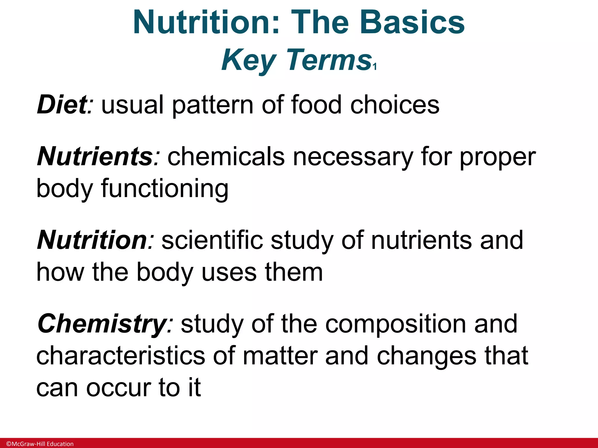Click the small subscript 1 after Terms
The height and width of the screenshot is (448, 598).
pyautogui.click(x=375, y=67)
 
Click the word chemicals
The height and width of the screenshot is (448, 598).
pyautogui.click(x=226, y=157)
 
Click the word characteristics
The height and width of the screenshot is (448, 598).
pyautogui.click(x=121, y=356)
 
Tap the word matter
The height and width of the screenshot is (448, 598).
pyautogui.click(x=280, y=356)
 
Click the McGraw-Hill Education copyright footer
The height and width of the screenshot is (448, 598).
pyautogui.click(x=40, y=444)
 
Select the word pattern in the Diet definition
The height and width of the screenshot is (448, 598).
pyautogui.click(x=213, y=106)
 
